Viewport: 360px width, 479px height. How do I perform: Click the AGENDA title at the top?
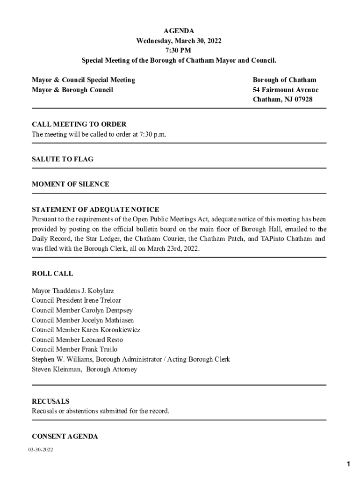179,31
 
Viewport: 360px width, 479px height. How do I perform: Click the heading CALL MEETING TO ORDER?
79,124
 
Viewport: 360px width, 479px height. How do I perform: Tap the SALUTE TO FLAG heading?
63,159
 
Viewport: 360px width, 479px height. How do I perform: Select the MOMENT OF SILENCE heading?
71,184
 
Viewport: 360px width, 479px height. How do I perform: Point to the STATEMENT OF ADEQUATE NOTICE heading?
95,210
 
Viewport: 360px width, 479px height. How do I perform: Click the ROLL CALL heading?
52,274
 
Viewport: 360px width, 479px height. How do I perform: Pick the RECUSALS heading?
50,401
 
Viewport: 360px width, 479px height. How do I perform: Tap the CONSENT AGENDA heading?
65,436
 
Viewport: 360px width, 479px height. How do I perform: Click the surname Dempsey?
119,311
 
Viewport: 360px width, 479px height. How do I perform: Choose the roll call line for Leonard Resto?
77,340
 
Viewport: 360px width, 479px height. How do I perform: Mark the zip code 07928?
303,100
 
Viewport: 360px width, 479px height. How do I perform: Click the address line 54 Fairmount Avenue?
286,90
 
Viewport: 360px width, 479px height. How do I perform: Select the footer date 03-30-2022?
40,450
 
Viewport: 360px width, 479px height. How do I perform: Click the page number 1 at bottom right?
348,464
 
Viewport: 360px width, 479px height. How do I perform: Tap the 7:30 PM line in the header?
179,51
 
